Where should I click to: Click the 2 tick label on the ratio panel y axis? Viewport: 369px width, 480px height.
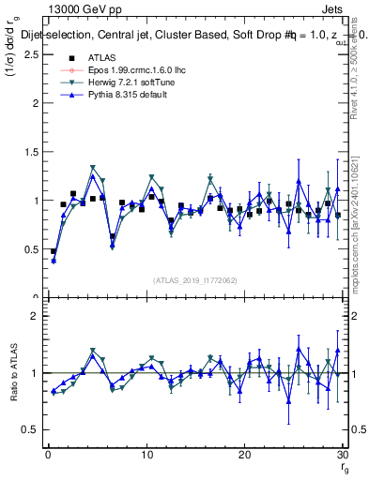[34, 316]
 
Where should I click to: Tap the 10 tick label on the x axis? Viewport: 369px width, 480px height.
[146, 455]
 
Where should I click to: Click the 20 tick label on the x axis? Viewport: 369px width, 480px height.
[245, 455]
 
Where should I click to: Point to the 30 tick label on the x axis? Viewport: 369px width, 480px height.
[343, 455]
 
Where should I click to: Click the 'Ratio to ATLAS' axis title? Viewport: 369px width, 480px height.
[12, 374]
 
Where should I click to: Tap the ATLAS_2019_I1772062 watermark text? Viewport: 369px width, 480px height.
[194, 280]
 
